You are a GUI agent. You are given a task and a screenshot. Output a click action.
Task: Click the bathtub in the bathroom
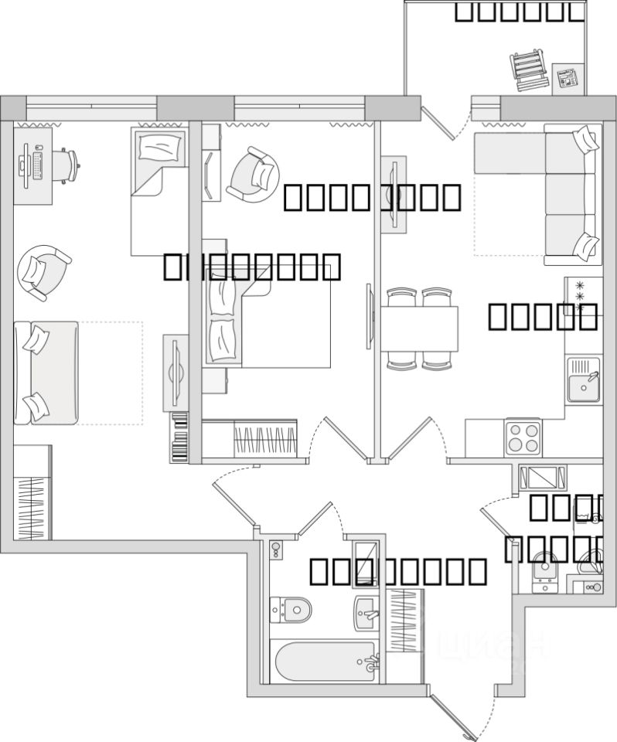[x=324, y=662]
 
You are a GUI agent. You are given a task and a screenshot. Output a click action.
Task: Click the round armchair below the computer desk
[x=43, y=270]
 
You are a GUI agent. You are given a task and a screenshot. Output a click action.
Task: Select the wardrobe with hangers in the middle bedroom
[x=265, y=441]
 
